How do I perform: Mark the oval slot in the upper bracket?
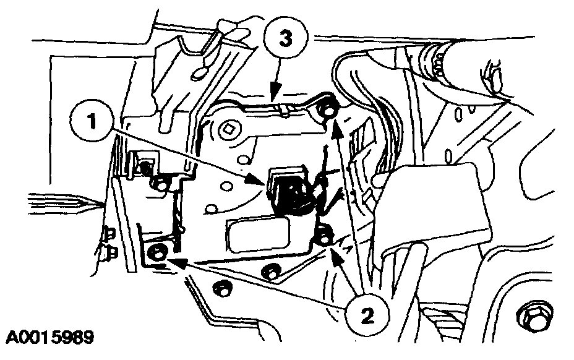click(200, 72)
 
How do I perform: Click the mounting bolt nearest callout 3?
click(328, 111)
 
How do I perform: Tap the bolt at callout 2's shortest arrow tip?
click(324, 236)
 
